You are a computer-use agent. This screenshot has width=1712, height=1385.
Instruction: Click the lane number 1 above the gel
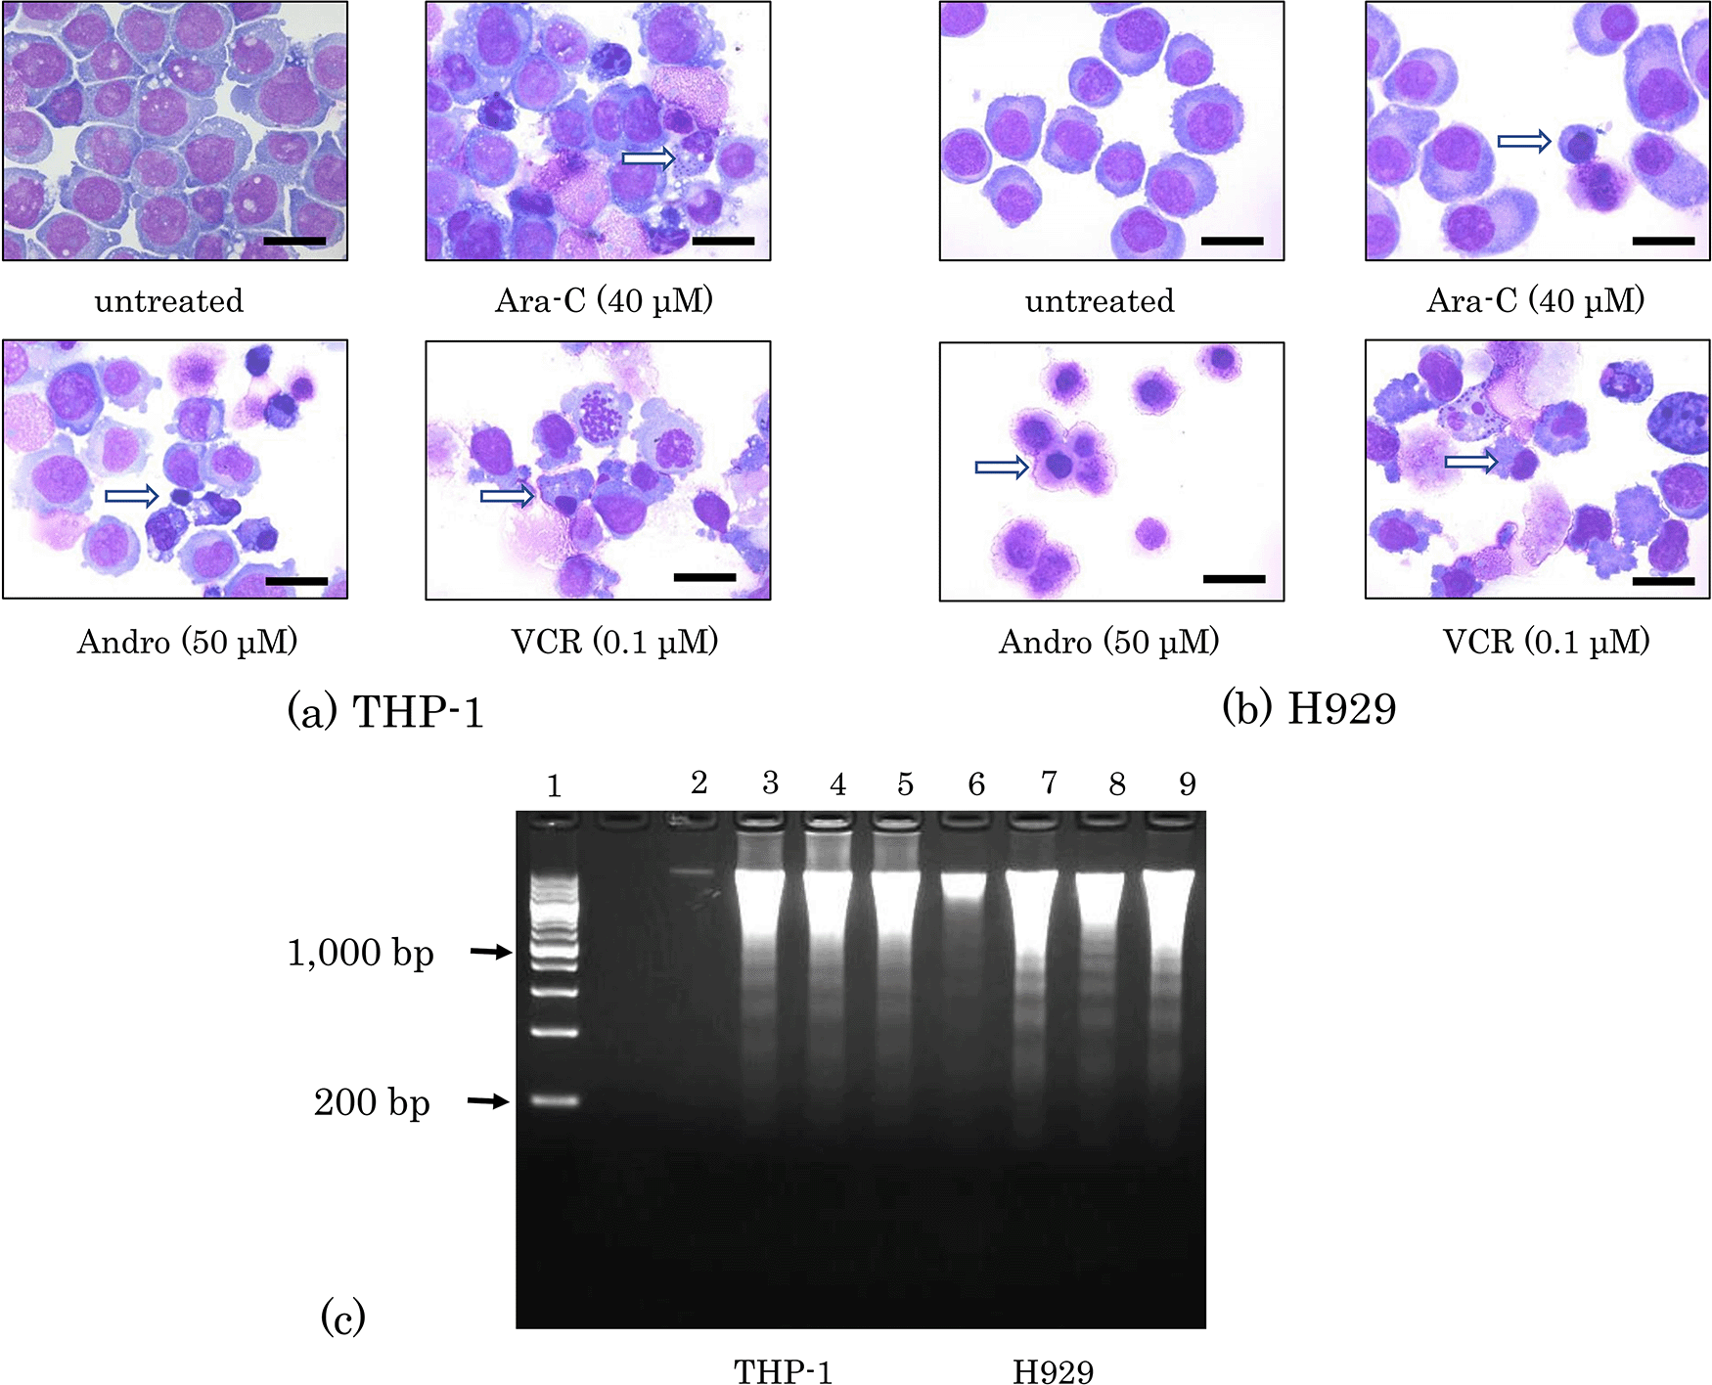point(554,786)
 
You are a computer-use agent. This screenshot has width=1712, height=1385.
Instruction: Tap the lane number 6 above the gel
point(976,784)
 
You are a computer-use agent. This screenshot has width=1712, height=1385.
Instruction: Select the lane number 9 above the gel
point(1187,784)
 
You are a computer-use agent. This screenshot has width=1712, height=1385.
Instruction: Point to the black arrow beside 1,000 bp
point(491,951)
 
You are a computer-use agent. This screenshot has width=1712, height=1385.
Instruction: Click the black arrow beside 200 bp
point(488,1101)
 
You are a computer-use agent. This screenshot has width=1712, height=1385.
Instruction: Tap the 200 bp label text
point(372,1103)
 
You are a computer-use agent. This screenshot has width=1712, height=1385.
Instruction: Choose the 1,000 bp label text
point(360,953)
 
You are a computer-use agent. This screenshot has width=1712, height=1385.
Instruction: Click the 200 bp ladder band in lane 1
point(555,1100)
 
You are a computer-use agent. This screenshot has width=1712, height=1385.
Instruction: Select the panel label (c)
point(342,1317)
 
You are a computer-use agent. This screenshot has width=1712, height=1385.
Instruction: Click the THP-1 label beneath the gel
point(783,1371)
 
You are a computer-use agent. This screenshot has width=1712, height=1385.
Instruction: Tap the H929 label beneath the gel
point(1053,1371)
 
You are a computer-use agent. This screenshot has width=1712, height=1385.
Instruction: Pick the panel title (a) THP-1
point(385,711)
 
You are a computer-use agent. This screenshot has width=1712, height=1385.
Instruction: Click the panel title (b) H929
point(1309,708)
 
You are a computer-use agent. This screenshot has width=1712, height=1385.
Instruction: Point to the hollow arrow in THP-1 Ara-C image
point(649,157)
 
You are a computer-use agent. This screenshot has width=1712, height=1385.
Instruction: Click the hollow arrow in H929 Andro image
point(1002,468)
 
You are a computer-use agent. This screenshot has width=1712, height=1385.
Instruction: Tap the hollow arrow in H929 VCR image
point(1471,461)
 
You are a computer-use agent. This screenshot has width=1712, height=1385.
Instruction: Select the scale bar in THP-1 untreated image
point(294,241)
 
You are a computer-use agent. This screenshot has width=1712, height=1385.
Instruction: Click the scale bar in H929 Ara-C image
point(1663,241)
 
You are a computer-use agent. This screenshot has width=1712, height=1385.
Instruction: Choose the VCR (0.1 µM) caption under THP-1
point(614,642)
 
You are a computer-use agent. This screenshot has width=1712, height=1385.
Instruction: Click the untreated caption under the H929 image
point(1100,300)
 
